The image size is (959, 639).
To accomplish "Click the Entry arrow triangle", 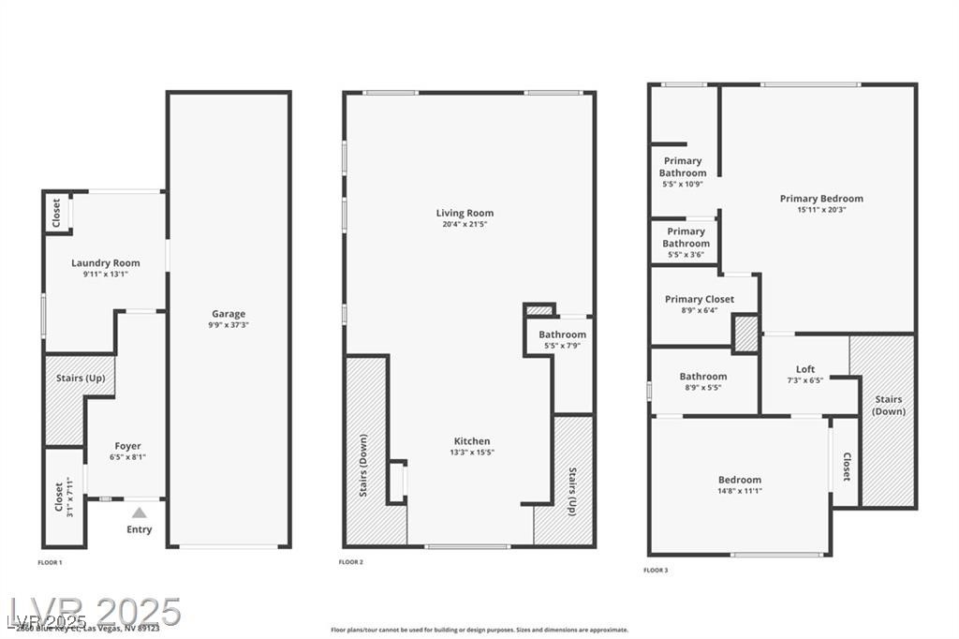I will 139,513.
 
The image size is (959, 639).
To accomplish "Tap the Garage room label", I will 229,314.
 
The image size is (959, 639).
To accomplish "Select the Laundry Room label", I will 105,263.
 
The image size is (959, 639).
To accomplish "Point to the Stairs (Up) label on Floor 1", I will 81,378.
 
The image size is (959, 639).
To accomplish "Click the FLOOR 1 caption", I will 50,562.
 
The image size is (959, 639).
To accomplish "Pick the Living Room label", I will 465,214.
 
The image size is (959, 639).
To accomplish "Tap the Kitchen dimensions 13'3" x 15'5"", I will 472,452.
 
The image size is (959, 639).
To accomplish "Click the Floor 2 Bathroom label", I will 562,334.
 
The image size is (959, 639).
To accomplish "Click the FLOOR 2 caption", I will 350,562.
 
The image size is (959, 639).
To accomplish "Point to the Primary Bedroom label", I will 821,199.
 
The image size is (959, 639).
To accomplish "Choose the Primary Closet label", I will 700,300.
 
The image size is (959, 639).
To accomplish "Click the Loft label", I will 805,369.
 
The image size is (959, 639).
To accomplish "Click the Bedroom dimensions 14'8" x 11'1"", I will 740,490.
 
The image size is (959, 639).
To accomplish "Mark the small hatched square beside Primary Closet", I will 745,334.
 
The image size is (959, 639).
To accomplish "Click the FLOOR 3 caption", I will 655,570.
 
